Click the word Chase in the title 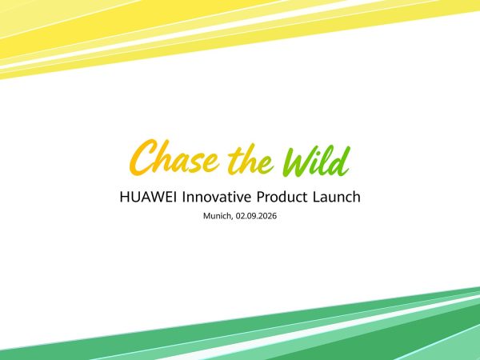174,158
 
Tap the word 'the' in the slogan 250,159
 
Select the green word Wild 316,161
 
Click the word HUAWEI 148,197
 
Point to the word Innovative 217,197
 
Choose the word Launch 337,197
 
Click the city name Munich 218,216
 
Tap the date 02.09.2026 256,216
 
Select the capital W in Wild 298,162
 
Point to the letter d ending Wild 342,161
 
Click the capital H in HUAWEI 124,197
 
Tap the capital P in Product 260,197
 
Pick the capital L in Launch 316,197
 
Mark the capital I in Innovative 183,197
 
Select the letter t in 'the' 235,158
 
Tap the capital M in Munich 206,216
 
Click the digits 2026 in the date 269,216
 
